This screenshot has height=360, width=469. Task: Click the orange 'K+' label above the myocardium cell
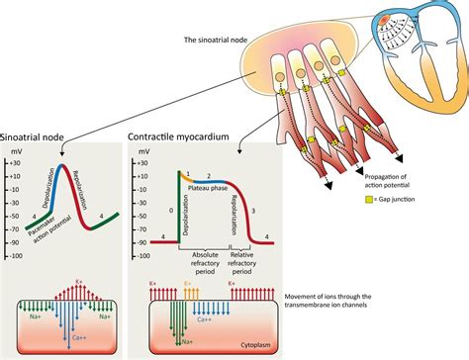tap(188, 283)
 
